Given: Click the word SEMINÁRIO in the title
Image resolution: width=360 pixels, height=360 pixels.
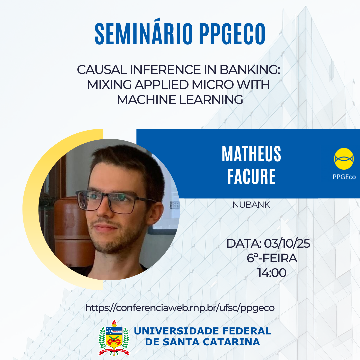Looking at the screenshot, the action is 144,34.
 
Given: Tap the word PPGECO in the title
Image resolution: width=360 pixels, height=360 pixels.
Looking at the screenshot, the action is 232,34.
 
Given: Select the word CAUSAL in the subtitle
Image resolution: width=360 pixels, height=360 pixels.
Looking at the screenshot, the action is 102,70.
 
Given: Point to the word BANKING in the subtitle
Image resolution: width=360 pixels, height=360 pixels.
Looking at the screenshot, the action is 250,70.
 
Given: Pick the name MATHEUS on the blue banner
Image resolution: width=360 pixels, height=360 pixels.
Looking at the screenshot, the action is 251,154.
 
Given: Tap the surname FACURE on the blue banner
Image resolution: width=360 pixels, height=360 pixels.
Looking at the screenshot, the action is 251,176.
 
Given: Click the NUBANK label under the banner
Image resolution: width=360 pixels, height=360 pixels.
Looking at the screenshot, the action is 251,205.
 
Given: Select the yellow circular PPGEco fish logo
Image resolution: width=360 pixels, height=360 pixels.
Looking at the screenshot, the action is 344,159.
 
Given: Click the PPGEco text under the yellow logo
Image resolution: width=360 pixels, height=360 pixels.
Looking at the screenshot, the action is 344,177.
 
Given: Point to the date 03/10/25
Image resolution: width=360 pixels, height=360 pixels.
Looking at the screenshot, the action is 287,244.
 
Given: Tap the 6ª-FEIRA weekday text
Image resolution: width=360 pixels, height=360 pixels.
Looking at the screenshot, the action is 272,258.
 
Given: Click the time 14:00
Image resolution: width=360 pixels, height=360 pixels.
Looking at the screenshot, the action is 272,273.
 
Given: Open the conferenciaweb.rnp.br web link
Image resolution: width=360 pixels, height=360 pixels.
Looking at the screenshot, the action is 180,308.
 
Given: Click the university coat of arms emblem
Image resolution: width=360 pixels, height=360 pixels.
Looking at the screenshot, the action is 114,338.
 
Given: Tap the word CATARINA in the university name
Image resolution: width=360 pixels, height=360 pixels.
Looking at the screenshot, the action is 231,342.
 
